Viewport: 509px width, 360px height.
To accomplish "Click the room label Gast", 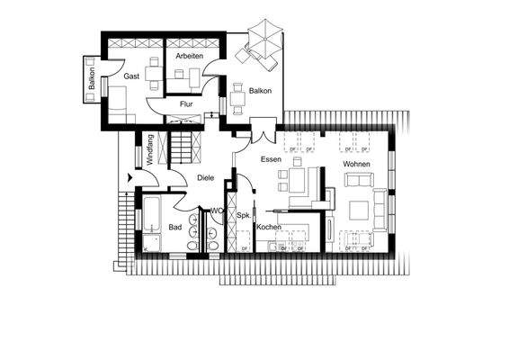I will [x=131, y=76].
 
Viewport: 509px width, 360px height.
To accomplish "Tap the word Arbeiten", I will [x=189, y=56].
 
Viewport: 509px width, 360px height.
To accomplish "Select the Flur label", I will [x=186, y=104].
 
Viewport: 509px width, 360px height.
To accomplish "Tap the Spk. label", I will [x=242, y=216].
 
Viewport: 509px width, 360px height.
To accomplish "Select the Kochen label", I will [x=270, y=227].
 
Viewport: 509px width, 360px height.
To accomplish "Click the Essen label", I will [x=272, y=159].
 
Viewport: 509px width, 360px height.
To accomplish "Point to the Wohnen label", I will [x=357, y=164].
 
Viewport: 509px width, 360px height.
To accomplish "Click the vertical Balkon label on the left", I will [x=92, y=78].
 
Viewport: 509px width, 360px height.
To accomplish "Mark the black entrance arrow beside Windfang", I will [x=131, y=178].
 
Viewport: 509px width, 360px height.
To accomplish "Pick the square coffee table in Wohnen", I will [x=357, y=211].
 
